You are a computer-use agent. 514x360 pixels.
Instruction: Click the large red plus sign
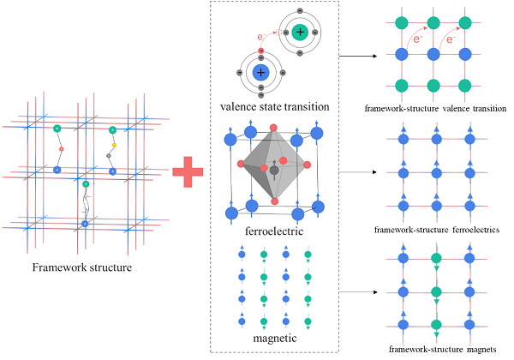(x=188, y=171)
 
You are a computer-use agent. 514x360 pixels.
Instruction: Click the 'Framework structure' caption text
(x=82, y=267)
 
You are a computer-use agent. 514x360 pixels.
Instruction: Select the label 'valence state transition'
(x=275, y=107)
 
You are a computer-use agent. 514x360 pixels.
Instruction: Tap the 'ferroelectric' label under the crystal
(x=274, y=231)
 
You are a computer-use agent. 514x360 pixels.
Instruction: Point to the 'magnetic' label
(x=275, y=338)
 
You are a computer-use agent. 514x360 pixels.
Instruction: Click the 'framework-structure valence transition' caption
(x=435, y=108)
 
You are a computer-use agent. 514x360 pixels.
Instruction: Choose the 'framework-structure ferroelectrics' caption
(x=437, y=230)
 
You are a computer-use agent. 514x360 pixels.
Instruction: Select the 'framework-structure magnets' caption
(x=443, y=350)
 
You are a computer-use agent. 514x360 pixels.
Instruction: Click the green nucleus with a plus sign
(x=300, y=32)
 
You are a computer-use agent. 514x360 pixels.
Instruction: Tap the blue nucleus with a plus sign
(x=261, y=73)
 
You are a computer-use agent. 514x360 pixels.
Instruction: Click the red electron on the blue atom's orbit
(x=261, y=51)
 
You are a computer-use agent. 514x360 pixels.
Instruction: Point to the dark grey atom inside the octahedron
(x=274, y=171)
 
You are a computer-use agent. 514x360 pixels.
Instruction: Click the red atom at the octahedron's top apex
(x=273, y=128)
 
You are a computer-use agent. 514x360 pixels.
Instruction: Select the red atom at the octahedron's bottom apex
(x=275, y=201)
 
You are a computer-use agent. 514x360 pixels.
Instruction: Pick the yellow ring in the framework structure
(x=114, y=145)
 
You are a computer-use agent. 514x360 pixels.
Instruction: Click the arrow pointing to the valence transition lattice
(x=358, y=56)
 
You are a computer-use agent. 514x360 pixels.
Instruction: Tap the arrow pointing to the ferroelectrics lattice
(x=358, y=172)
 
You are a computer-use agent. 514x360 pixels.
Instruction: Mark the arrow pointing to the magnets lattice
(x=358, y=291)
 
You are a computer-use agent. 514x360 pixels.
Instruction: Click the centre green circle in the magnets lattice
(x=436, y=291)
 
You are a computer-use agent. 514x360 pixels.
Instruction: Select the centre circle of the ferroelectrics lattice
(x=437, y=173)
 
